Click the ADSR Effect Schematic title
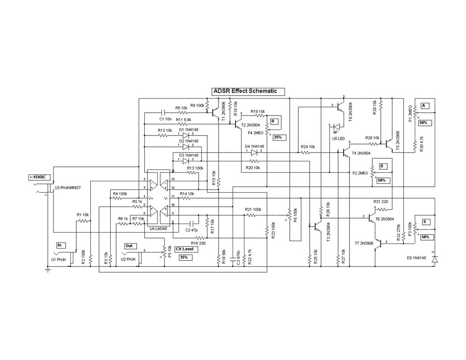(248, 91)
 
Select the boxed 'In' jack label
(60, 245)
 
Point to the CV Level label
(184, 249)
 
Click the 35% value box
(183, 257)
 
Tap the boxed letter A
(423, 105)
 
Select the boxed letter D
(381, 166)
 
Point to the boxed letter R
(274, 121)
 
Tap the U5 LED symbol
(336, 126)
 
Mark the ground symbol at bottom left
(48, 270)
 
